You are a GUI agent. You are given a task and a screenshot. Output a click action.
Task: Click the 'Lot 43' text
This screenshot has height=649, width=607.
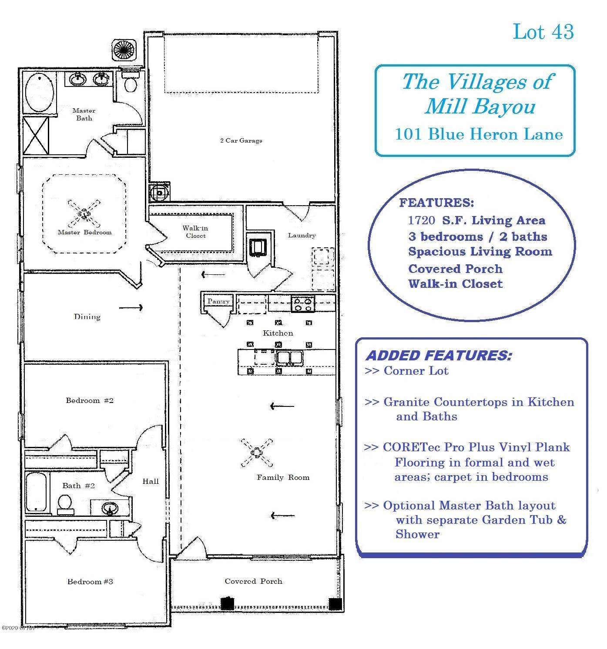(543, 32)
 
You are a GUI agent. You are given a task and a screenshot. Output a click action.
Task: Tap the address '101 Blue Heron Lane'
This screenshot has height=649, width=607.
(479, 134)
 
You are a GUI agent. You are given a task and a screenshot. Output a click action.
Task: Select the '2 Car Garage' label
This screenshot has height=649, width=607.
(241, 140)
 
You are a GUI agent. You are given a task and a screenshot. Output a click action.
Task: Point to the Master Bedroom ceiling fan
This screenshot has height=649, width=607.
(84, 213)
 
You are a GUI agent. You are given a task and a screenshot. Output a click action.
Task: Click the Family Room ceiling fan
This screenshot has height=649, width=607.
(257, 453)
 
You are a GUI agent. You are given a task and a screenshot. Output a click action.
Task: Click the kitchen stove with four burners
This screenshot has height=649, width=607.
(302, 303)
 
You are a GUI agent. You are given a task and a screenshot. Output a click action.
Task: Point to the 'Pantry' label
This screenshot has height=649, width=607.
(218, 301)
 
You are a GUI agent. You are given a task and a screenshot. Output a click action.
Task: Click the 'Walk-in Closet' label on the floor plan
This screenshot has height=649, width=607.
(195, 232)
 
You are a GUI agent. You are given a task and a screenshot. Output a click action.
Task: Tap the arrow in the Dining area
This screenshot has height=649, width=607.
(131, 308)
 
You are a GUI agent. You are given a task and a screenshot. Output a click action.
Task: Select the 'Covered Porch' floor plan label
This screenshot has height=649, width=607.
(253, 581)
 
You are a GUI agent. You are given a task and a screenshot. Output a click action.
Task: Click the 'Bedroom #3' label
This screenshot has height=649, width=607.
(90, 582)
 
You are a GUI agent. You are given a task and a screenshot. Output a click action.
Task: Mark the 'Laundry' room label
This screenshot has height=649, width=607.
(302, 235)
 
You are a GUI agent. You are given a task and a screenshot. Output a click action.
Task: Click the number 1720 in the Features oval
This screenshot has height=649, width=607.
(421, 220)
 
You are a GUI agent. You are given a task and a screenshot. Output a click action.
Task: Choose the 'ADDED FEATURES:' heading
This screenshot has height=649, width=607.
(439, 356)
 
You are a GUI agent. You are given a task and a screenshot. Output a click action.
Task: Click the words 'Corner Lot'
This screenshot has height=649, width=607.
(416, 371)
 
